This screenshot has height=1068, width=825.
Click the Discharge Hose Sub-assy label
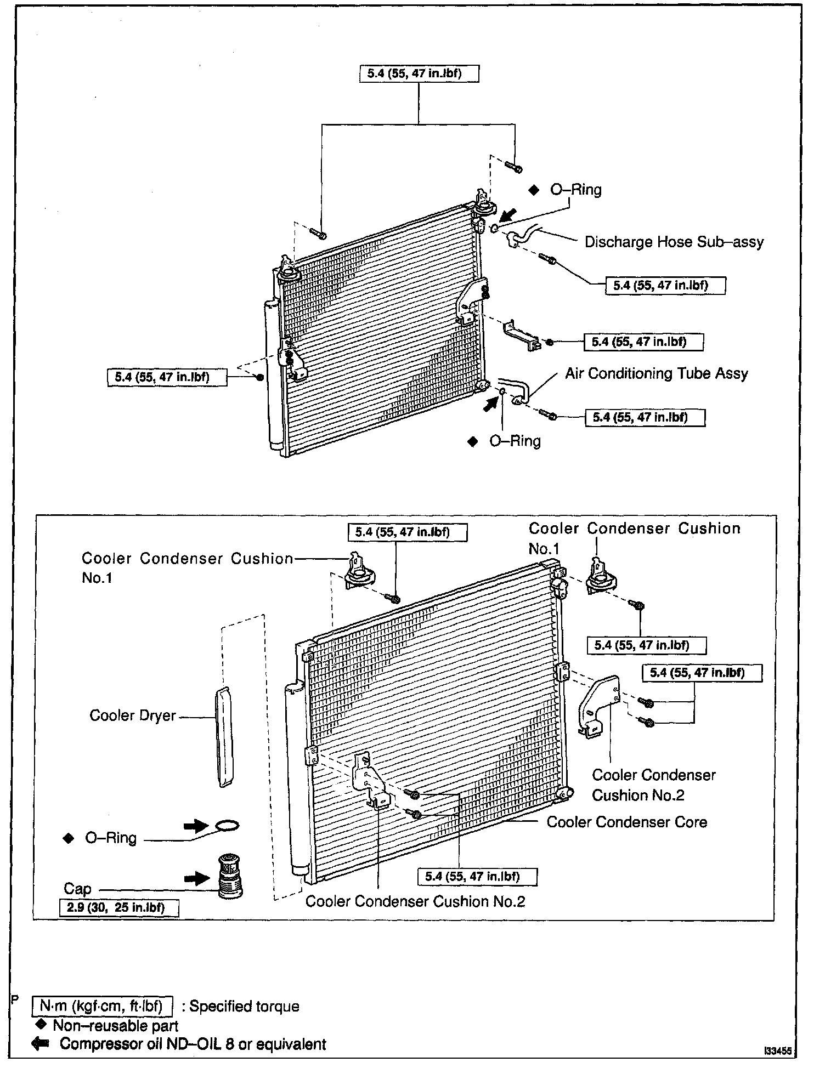674,242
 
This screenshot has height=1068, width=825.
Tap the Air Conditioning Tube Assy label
657,373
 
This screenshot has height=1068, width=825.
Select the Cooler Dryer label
133,715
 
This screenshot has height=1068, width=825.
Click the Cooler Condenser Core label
627,822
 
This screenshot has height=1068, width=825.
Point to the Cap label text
77,889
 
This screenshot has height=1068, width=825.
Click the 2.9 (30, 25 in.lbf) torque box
119,907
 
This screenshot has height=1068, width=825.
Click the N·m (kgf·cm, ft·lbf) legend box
103,1006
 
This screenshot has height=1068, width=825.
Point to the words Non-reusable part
116,1025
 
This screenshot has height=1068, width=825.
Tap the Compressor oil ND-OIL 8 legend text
193,1044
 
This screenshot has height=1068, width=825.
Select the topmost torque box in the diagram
419,73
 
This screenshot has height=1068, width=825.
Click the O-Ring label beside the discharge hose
576,190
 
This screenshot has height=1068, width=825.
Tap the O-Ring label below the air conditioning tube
515,441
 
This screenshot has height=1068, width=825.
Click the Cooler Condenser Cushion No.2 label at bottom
415,901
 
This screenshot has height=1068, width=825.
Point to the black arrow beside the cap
197,878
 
